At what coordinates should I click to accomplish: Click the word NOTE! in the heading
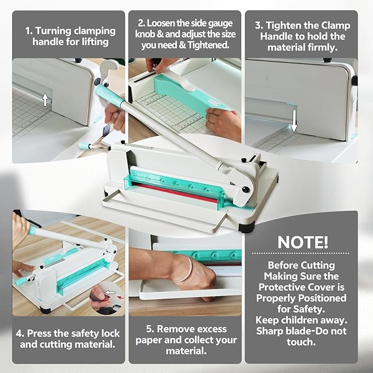point(303,242)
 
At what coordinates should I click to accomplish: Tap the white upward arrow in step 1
point(45,99)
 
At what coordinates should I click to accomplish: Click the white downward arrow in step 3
point(294,121)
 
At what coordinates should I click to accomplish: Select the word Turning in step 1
point(53,31)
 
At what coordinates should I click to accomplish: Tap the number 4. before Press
point(20,333)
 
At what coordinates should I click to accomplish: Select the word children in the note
point(299,320)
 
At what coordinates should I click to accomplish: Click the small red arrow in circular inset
point(121,297)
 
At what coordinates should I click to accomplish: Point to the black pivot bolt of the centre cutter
point(246,190)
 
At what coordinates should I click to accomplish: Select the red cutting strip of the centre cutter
point(175,193)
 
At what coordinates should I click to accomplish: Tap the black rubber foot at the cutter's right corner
point(247,227)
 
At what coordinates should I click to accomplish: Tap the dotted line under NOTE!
point(300,253)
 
